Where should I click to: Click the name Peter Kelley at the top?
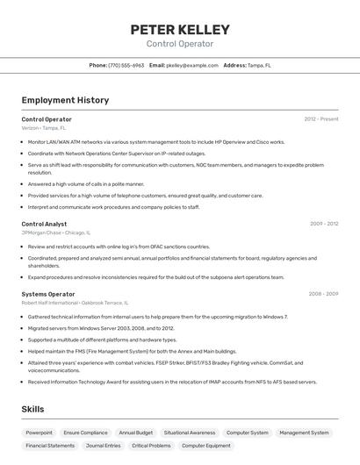[x=179, y=29]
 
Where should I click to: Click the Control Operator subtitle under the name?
[x=179, y=44]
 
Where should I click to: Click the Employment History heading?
[x=65, y=100]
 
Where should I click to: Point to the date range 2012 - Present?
[x=321, y=119]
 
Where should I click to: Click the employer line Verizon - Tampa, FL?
[x=43, y=128]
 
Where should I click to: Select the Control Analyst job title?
[x=44, y=224]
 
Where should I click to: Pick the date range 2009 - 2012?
[x=324, y=224]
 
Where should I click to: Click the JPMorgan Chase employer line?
[x=54, y=232]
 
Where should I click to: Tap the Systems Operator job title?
[x=48, y=294]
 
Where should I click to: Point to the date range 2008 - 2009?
[x=323, y=294]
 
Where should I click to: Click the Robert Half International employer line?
[x=75, y=303]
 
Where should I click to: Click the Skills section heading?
[x=33, y=409]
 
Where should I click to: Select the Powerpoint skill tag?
[x=39, y=433]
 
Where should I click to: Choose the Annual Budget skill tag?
[x=136, y=433]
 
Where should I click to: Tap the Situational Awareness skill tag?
[x=190, y=433]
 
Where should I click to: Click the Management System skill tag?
[x=304, y=433]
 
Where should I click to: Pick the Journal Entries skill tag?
[x=104, y=446]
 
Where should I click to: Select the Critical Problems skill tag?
[x=152, y=446]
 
